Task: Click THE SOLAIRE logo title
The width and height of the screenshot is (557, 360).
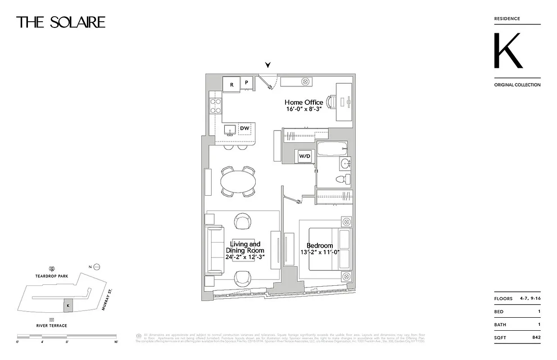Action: pyautogui.click(x=61, y=22)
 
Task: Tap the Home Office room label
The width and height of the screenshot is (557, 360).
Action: pyautogui.click(x=303, y=102)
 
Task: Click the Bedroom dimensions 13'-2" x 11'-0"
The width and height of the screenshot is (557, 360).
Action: pyautogui.click(x=320, y=252)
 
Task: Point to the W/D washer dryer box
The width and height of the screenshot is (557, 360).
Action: pyautogui.click(x=305, y=156)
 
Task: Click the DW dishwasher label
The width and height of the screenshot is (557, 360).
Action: pyautogui.click(x=245, y=129)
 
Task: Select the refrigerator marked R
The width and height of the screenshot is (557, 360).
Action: pyautogui.click(x=231, y=84)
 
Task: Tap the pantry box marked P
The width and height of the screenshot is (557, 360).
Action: pyautogui.click(x=246, y=83)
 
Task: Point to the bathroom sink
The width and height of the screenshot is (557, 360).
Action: pyautogui.click(x=345, y=163)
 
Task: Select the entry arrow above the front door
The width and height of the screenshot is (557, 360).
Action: pyautogui.click(x=268, y=65)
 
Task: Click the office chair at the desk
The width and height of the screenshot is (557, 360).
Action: pyautogui.click(x=331, y=102)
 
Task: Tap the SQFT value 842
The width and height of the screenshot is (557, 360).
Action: pyautogui.click(x=536, y=337)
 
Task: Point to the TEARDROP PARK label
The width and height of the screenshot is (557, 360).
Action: pyautogui.click(x=53, y=276)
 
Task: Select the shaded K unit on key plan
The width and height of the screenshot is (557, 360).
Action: pyautogui.click(x=68, y=305)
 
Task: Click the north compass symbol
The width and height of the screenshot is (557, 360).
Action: pyautogui.click(x=97, y=267)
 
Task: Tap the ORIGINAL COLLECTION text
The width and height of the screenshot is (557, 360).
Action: pyautogui.click(x=517, y=85)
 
